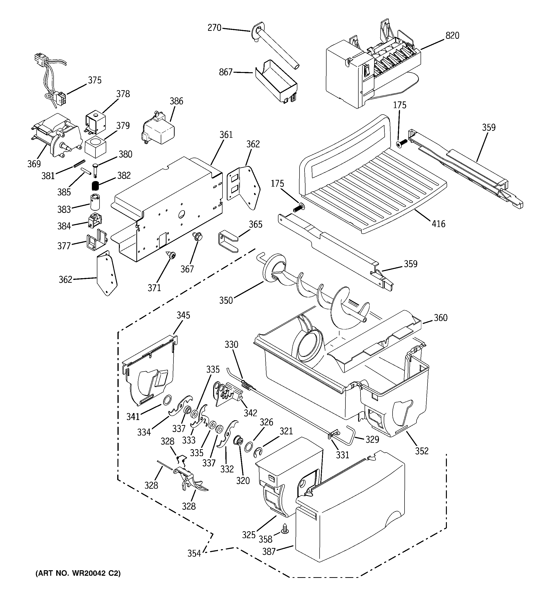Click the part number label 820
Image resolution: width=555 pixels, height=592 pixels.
(x=452, y=36)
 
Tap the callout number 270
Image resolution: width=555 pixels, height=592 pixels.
(x=214, y=28)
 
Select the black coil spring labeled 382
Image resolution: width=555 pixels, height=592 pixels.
(x=95, y=186)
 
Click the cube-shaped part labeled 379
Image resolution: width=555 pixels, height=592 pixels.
(x=95, y=147)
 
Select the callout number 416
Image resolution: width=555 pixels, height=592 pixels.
(x=438, y=224)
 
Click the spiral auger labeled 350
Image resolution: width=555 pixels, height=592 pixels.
(x=316, y=293)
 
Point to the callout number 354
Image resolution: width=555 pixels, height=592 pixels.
(x=194, y=553)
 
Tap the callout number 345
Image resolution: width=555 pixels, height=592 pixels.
(x=183, y=315)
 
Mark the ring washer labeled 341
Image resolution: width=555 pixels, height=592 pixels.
(x=167, y=400)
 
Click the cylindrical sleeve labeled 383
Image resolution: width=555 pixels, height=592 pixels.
(x=95, y=202)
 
